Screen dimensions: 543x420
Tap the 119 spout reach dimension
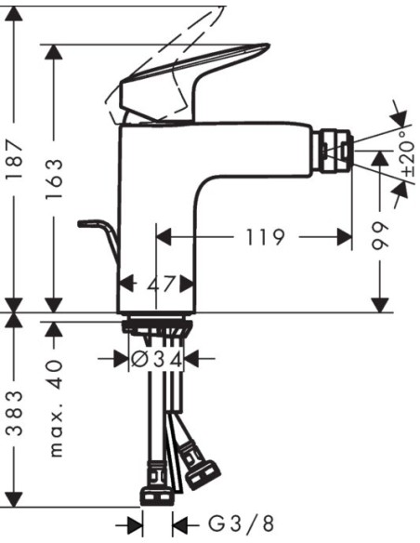pyautogui.click(x=265, y=238)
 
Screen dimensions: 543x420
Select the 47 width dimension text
pyautogui.click(x=159, y=284)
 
